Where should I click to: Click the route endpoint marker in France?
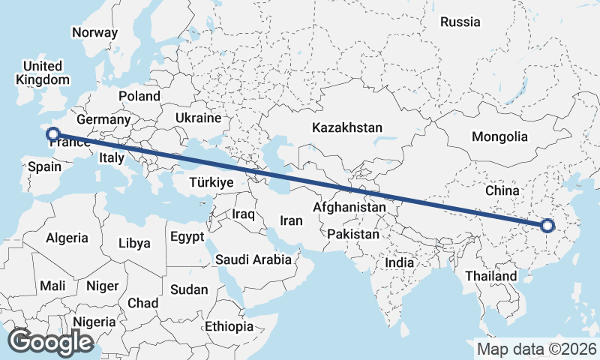[x=52, y=135]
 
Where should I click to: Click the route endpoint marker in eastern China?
[x=547, y=226]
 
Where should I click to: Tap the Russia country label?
[x=460, y=22]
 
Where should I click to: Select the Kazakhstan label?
[x=348, y=127]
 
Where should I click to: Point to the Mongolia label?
[x=499, y=136]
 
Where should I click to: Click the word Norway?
[x=94, y=32]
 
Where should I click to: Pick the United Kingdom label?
[x=43, y=73]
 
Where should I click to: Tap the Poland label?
[x=139, y=96]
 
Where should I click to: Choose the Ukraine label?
[x=198, y=118]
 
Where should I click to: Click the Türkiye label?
[x=211, y=182]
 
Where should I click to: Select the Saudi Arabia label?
[x=253, y=259]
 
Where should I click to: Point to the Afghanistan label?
[x=349, y=207]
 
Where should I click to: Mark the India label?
[x=399, y=262]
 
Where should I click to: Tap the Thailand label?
[x=490, y=276]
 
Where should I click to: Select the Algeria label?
[x=67, y=238]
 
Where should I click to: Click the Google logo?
[x=50, y=342]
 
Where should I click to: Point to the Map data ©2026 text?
[x=537, y=349]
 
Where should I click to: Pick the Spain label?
[x=44, y=167]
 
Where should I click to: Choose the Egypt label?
[x=187, y=237]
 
